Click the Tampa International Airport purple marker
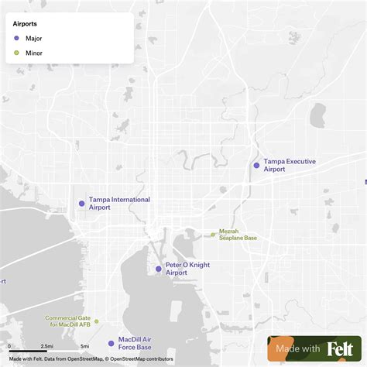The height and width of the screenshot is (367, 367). (81, 204)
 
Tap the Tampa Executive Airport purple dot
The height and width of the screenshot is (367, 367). (256, 165)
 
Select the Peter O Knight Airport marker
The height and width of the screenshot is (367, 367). (159, 269)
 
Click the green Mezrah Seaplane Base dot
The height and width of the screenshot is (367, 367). (213, 235)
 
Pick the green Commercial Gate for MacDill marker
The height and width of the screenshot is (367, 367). (97, 321)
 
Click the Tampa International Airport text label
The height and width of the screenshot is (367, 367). (119, 204)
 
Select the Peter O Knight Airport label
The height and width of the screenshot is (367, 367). (187, 269)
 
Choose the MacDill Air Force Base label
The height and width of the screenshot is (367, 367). (135, 343)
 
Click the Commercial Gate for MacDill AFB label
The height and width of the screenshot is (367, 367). (67, 321)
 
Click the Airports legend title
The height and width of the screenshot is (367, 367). (26, 24)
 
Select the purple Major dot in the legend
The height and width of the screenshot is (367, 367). (16, 38)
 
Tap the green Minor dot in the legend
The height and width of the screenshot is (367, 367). (16, 53)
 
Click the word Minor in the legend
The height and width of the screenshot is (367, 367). (34, 53)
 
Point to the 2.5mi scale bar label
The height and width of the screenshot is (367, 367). (46, 346)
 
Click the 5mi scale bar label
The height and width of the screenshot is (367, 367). (84, 346)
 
